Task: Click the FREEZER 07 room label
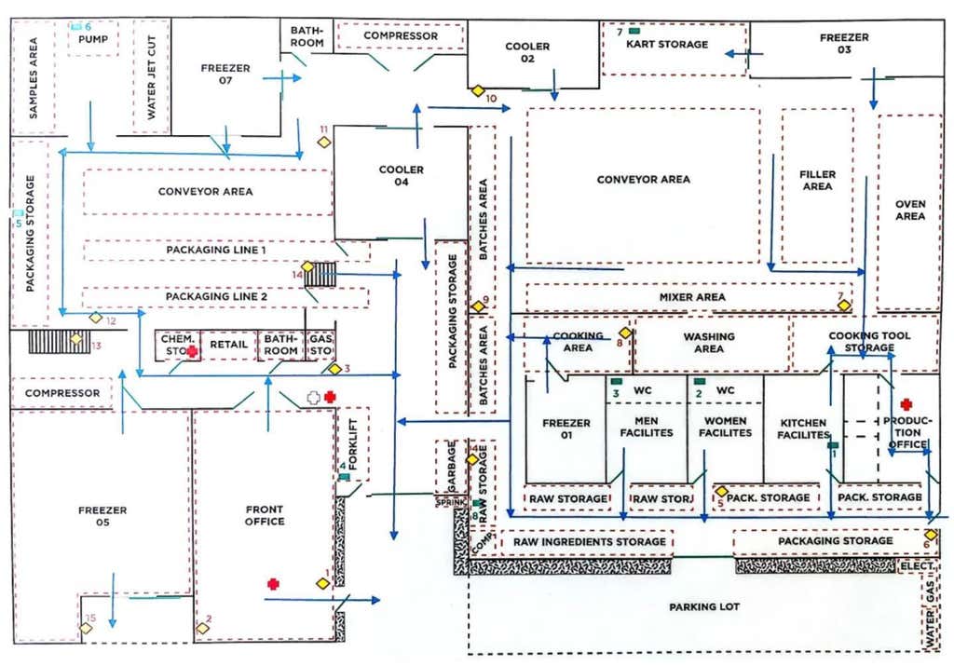225,74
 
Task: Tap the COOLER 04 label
401,176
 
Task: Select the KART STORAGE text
667,44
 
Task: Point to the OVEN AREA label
910,210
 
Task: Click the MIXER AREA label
692,297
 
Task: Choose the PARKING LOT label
704,606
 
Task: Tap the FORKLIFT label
353,444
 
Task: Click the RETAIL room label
229,345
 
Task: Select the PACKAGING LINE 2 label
216,297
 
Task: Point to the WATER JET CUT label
152,76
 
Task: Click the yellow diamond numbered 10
478,91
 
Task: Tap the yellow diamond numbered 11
323,143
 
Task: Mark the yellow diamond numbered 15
86,629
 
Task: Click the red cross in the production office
906,404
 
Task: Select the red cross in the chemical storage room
192,351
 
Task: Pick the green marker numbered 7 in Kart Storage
634,31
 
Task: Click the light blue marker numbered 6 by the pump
76,27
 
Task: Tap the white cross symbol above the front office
313,398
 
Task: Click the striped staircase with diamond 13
59,341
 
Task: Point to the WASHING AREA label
709,343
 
